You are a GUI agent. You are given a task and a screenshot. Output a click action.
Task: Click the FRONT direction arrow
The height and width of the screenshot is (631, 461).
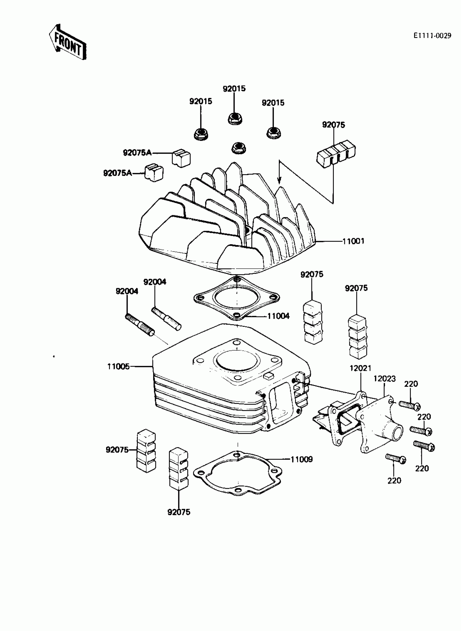click(68, 42)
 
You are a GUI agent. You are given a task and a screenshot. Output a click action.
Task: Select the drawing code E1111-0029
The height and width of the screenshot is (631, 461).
click(432, 36)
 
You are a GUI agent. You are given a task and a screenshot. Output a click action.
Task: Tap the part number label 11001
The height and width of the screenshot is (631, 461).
click(353, 241)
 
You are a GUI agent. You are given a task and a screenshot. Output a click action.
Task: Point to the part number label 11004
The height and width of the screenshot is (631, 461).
click(278, 316)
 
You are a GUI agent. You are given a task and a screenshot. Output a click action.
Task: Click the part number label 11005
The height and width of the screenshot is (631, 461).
click(119, 366)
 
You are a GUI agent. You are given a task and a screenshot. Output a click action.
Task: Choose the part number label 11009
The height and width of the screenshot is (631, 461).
click(302, 459)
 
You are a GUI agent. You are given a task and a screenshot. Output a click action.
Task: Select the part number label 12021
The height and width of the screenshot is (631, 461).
click(360, 368)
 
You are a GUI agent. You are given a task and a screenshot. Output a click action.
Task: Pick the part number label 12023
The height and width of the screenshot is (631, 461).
click(385, 379)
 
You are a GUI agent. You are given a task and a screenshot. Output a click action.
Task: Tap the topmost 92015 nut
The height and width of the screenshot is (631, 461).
click(235, 119)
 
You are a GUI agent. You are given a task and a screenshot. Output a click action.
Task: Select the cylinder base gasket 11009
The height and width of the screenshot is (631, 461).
click(237, 474)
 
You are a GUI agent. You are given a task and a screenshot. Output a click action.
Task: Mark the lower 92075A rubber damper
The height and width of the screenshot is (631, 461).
click(154, 173)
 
